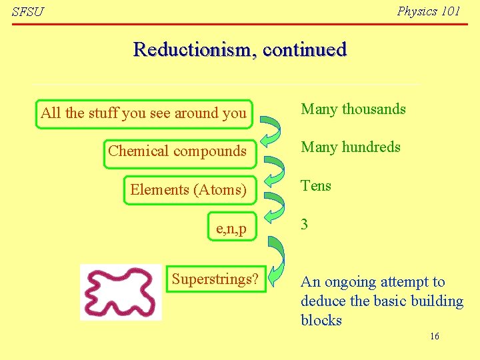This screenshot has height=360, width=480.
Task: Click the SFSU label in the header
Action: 27,12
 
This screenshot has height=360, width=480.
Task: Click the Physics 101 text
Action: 428,11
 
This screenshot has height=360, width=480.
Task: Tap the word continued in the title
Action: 305,49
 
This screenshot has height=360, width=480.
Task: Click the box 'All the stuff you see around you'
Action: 143,113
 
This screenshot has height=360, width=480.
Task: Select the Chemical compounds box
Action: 177,151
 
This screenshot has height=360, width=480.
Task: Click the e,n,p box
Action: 231,229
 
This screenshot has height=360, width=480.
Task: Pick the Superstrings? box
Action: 215,279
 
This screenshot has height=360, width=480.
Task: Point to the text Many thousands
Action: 353,109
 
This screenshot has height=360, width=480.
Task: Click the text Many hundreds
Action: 351,147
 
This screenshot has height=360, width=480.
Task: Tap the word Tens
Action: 316,185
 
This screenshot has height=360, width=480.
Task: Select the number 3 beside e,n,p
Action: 305,224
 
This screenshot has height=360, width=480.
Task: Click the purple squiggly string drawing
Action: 121,292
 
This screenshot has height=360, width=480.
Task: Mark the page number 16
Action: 434,336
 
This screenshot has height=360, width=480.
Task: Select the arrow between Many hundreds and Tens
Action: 273,169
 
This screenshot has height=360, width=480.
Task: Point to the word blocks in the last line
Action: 321,320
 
